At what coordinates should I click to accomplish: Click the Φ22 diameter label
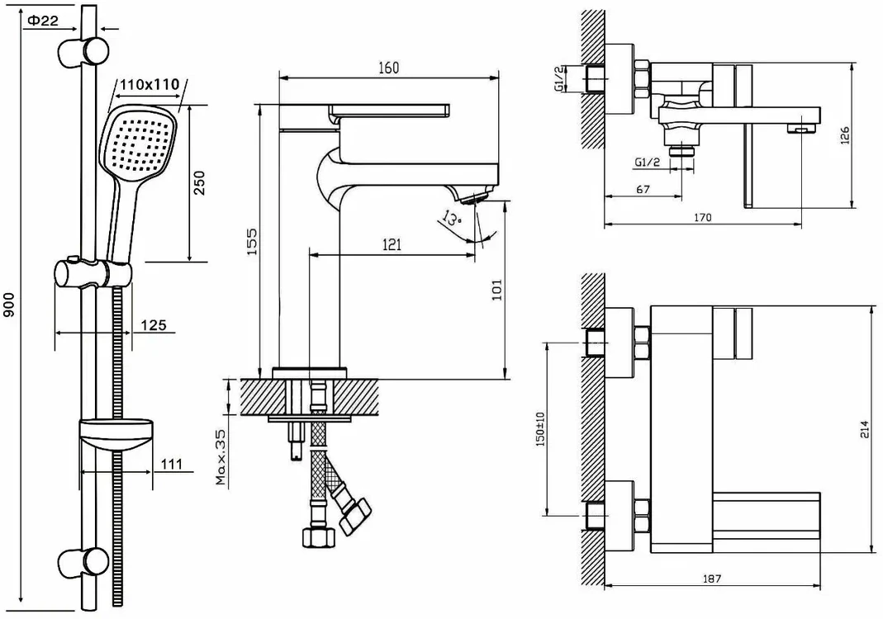pyautogui.click(x=42, y=21)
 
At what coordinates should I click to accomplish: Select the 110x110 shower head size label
pyautogui.click(x=150, y=85)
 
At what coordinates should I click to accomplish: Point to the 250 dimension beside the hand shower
pyautogui.click(x=199, y=182)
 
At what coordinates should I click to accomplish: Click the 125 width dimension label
pyautogui.click(x=153, y=325)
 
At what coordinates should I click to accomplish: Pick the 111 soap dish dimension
pyautogui.click(x=171, y=464)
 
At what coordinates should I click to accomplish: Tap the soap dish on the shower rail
pyautogui.click(x=116, y=435)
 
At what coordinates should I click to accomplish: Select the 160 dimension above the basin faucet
pyautogui.click(x=388, y=68)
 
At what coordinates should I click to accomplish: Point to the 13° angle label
pyautogui.click(x=451, y=218)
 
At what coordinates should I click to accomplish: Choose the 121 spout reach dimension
pyautogui.click(x=392, y=244)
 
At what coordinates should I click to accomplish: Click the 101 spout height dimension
pyautogui.click(x=496, y=289)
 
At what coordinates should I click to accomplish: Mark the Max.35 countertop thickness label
pyautogui.click(x=221, y=457)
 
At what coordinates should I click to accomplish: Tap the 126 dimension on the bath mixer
pyautogui.click(x=845, y=135)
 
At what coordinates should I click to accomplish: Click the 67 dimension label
pyautogui.click(x=643, y=190)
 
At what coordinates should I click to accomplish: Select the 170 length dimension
pyautogui.click(x=702, y=217)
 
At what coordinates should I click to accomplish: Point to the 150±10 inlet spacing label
pyautogui.click(x=540, y=429)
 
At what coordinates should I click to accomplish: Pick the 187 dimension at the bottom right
pyautogui.click(x=712, y=579)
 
